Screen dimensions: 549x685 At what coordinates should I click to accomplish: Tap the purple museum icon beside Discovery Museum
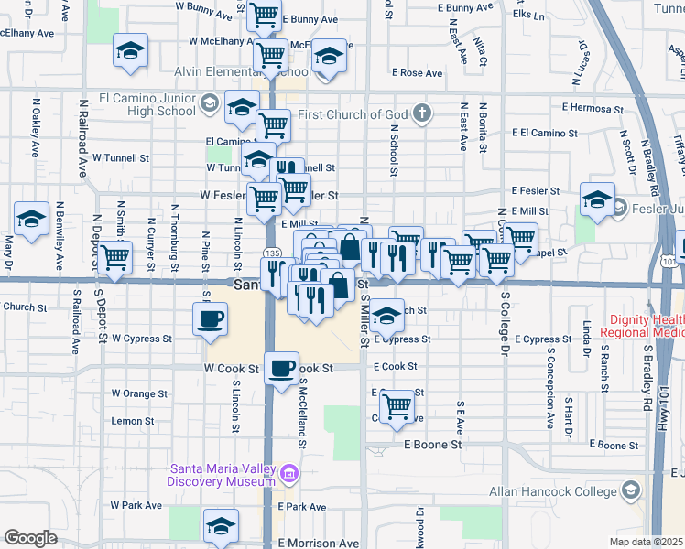(289, 473)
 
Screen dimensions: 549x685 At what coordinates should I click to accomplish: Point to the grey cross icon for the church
(421, 113)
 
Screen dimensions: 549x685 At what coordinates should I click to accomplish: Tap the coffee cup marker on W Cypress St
(210, 319)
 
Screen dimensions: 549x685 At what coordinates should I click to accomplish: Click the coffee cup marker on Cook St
(281, 369)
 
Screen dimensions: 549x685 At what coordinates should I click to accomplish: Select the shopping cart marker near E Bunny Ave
(265, 16)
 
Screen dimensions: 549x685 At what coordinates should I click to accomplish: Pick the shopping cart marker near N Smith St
(115, 258)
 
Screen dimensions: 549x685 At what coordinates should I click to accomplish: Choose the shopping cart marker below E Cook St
(397, 404)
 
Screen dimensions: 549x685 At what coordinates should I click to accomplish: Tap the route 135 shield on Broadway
(271, 253)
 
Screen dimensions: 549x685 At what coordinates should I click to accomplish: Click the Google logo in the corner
(30, 538)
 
